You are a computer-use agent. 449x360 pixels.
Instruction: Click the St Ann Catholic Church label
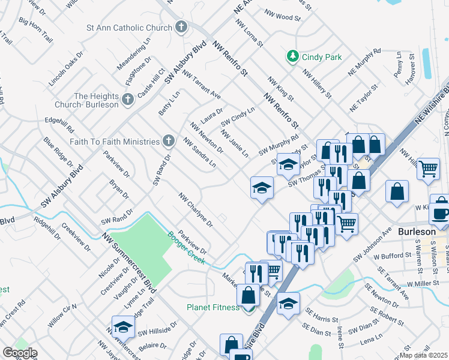129,28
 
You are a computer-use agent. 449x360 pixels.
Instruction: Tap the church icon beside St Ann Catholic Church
181,27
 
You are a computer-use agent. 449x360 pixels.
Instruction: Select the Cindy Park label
322,57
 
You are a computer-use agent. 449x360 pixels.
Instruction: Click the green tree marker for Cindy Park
292,56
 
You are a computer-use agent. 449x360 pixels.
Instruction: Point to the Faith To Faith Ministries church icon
169,141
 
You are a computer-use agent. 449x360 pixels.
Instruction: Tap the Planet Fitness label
212,307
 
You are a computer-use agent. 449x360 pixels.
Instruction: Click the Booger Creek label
186,248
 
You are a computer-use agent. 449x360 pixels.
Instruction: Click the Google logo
20,353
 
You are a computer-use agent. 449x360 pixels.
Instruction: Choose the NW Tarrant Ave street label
202,85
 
